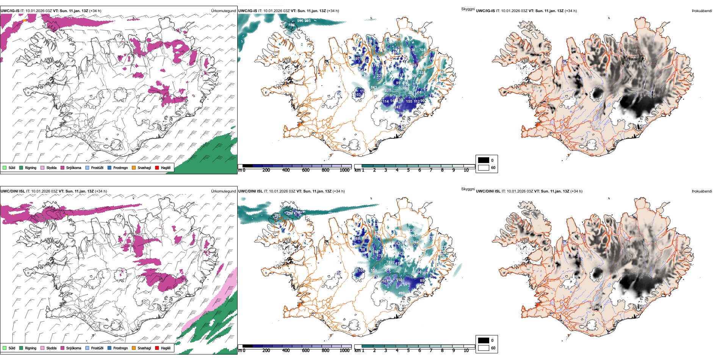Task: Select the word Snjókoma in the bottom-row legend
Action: [x=74, y=348]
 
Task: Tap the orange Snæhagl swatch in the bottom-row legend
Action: [x=134, y=348]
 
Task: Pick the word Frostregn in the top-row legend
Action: [x=121, y=167]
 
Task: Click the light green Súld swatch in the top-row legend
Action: [x=5, y=167]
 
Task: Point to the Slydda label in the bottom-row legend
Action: [x=52, y=348]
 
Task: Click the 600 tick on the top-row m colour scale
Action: [x=306, y=170]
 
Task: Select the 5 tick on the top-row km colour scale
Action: [x=409, y=170]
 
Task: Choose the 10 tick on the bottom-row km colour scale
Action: [x=466, y=351]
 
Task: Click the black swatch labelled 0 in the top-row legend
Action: [x=484, y=160]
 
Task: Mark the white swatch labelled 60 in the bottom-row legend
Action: [x=484, y=348]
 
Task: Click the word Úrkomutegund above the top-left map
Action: [x=224, y=11]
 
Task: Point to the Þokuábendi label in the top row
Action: [x=702, y=11]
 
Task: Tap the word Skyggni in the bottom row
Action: [x=468, y=189]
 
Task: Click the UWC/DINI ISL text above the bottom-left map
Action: [x=13, y=191]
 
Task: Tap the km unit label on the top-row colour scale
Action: [x=357, y=170]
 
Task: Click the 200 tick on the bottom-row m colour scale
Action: [x=266, y=351]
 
